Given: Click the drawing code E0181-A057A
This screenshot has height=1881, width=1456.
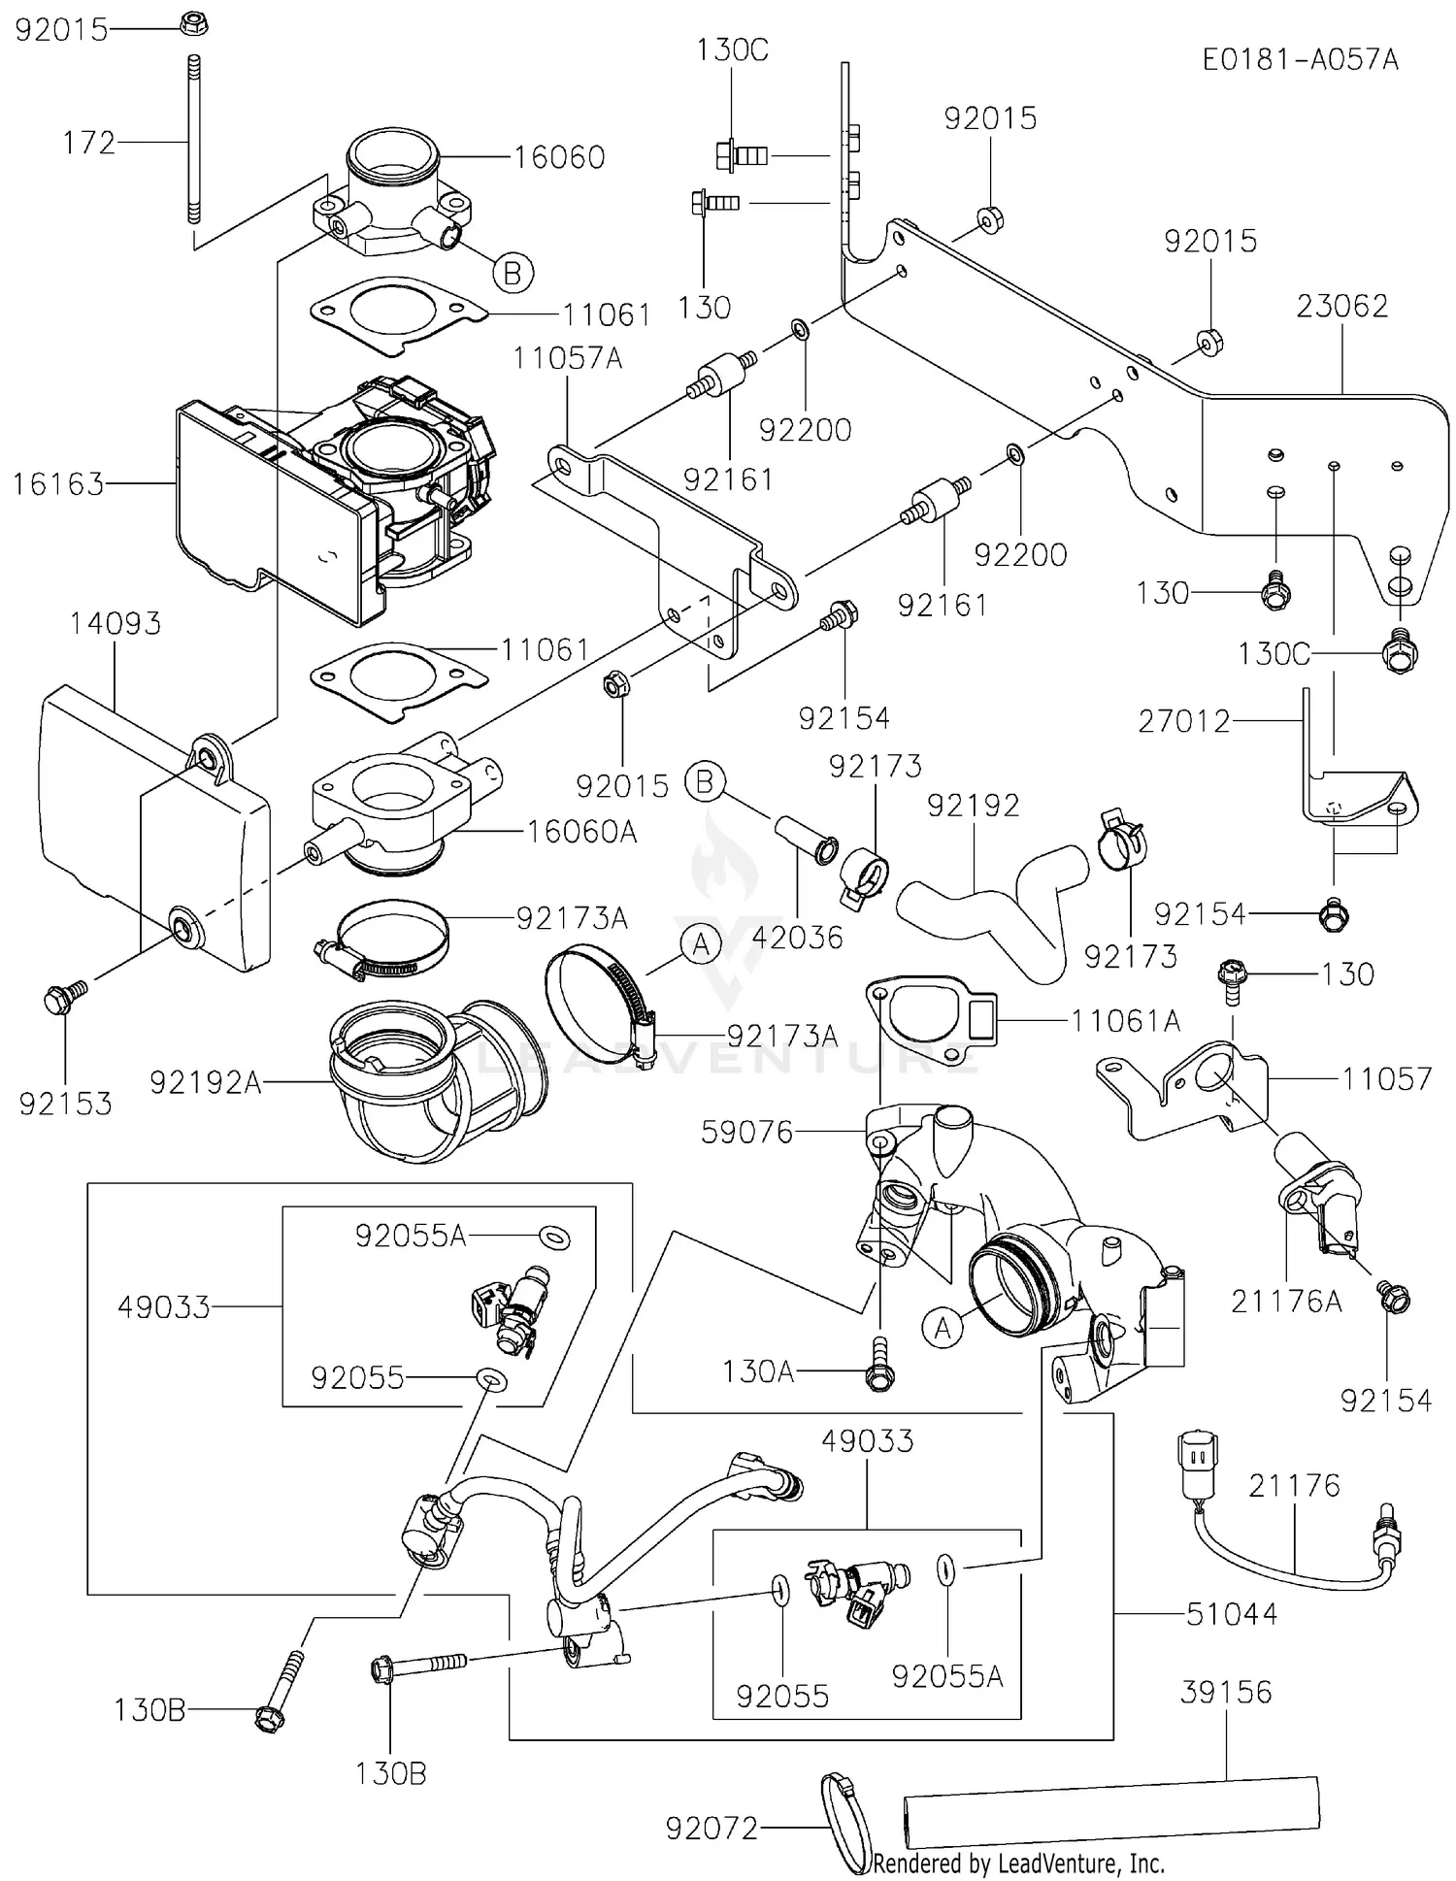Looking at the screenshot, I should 1300,60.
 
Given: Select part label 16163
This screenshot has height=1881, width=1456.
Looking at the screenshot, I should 58,483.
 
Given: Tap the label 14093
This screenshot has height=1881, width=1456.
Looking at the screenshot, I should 116,623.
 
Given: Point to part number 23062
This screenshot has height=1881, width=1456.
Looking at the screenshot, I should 1341,306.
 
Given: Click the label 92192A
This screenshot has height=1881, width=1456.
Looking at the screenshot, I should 206,1082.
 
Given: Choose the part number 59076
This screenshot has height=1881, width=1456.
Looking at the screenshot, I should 747,1132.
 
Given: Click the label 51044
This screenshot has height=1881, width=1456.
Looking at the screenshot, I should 1232,1614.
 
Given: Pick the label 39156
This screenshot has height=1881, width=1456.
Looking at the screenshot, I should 1226,1692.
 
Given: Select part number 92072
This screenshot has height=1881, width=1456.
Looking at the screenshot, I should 711,1829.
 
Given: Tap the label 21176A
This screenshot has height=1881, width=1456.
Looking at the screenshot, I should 1286,1302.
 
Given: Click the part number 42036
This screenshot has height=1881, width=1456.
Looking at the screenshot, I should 798,937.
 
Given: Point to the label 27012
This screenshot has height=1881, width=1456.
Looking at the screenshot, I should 1183,721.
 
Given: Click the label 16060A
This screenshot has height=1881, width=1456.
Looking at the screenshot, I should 581,832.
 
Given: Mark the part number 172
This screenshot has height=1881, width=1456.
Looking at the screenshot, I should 89,143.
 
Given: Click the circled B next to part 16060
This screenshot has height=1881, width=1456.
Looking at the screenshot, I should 513,273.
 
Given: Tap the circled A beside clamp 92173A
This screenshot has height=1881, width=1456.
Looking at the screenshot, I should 702,943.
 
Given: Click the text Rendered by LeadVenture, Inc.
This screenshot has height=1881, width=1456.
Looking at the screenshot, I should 1018,1864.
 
